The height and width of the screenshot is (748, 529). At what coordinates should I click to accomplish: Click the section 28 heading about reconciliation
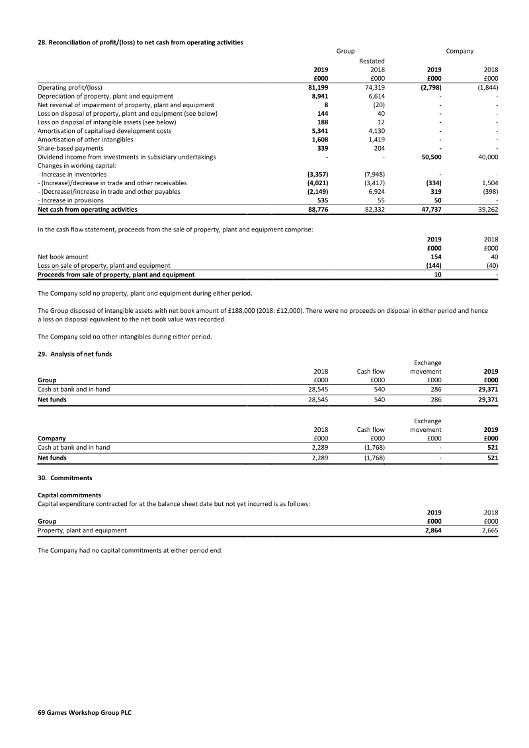(140, 43)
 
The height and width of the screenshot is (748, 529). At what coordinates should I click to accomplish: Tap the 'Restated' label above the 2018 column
(372, 61)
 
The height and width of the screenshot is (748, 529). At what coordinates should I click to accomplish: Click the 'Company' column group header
(460, 51)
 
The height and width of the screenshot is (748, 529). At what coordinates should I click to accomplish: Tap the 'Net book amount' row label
(63, 257)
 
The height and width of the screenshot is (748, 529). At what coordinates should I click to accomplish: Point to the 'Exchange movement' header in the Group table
(427, 366)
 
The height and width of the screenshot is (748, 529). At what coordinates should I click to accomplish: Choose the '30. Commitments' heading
(65, 478)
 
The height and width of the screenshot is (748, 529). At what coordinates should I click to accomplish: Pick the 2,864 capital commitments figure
(431, 530)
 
